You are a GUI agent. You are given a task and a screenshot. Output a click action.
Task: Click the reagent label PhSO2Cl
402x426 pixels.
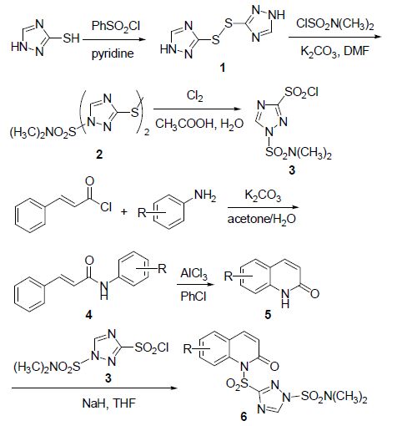(x=116, y=27)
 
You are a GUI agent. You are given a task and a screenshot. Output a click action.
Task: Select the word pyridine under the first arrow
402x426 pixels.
(x=113, y=53)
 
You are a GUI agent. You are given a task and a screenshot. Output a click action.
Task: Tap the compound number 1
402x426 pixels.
(x=222, y=68)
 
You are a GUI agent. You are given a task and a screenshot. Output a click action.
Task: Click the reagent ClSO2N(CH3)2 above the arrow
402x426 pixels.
(x=334, y=24)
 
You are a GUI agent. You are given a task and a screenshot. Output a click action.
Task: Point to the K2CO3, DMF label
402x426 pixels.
(x=334, y=51)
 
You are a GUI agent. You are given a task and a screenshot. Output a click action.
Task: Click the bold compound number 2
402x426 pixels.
(x=99, y=154)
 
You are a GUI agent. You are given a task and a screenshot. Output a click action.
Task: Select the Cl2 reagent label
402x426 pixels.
(x=194, y=96)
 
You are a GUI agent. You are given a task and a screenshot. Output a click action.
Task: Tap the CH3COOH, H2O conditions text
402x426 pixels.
(x=199, y=124)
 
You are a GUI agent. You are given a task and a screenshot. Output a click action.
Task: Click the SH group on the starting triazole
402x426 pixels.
(x=71, y=38)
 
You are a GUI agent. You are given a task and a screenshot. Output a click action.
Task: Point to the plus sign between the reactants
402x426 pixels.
(x=123, y=212)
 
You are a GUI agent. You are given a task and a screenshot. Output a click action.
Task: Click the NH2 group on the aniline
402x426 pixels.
(x=205, y=195)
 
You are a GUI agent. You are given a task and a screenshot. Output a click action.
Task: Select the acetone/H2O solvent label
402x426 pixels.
(x=262, y=219)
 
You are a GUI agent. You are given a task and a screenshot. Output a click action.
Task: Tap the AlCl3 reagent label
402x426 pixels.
(x=193, y=274)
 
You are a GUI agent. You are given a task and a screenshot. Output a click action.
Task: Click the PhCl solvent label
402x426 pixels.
(x=193, y=296)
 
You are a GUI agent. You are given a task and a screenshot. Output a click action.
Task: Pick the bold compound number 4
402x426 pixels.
(x=88, y=315)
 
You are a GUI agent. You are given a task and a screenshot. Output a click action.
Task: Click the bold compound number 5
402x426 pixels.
(x=268, y=315)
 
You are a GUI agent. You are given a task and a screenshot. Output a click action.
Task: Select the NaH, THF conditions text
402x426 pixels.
(x=109, y=403)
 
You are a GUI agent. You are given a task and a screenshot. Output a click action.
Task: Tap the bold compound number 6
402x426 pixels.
(x=244, y=417)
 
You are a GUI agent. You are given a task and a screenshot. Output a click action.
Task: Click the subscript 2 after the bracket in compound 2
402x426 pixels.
(x=147, y=132)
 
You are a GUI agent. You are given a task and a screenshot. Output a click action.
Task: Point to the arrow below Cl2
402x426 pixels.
(x=197, y=109)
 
